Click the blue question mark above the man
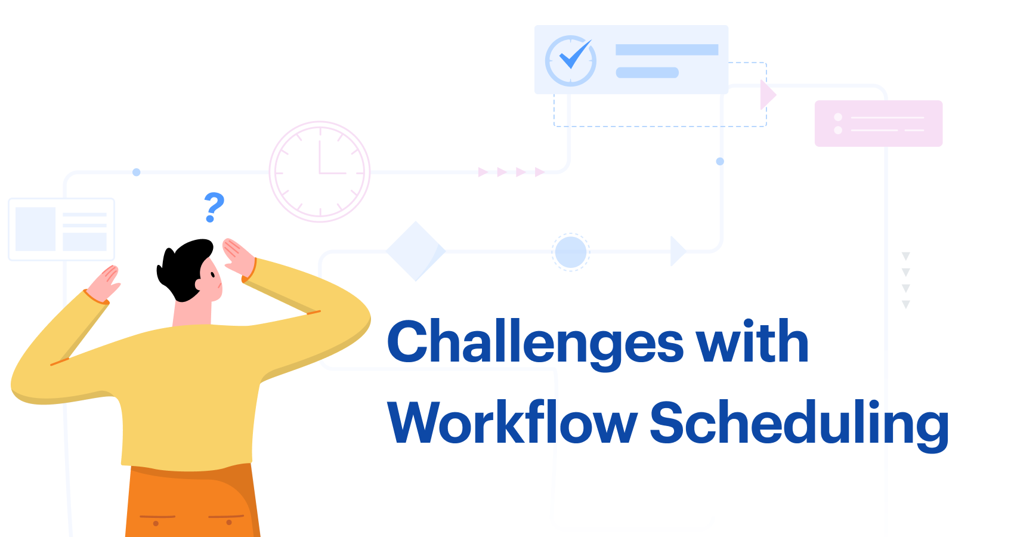pos(214,206)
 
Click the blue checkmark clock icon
pos(571,60)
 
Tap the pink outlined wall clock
pos(320,172)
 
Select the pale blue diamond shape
pos(415,251)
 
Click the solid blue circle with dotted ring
pos(571,252)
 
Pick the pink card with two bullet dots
pos(878,124)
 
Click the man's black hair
pos(185,266)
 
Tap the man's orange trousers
pos(191,504)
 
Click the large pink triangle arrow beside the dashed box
pos(768,94)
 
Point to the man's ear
pos(199,285)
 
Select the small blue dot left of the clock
pos(137,172)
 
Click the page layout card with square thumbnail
pos(61,230)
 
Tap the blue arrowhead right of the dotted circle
pos(678,251)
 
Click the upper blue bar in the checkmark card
pos(666,50)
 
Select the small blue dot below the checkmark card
pos(720,162)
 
